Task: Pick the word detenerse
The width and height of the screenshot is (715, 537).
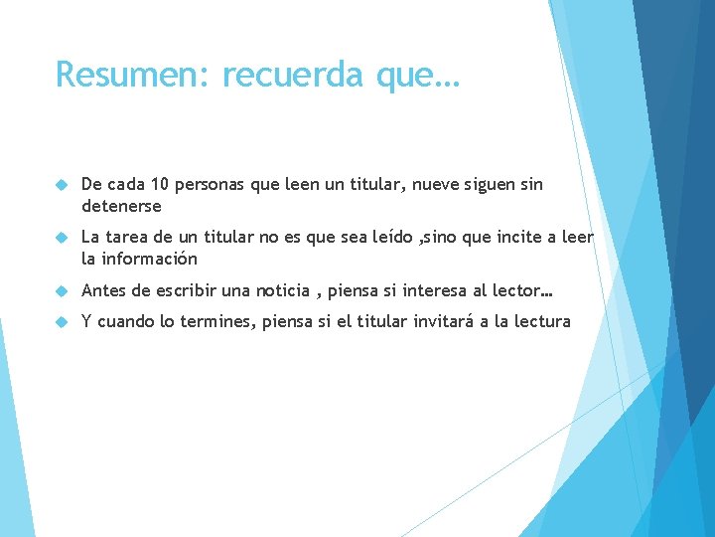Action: pyautogui.click(x=121, y=207)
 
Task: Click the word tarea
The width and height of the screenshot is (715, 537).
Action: pyautogui.click(x=132, y=237)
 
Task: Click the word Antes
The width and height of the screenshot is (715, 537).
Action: pyautogui.click(x=105, y=290)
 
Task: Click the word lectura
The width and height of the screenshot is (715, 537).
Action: pyautogui.click(x=539, y=321)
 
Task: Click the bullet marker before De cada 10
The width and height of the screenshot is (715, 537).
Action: pyautogui.click(x=61, y=186)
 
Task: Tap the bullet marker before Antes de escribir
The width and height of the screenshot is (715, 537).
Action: pyautogui.click(x=61, y=291)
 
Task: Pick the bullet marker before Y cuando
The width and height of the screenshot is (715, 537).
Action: pyautogui.click(x=61, y=322)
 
